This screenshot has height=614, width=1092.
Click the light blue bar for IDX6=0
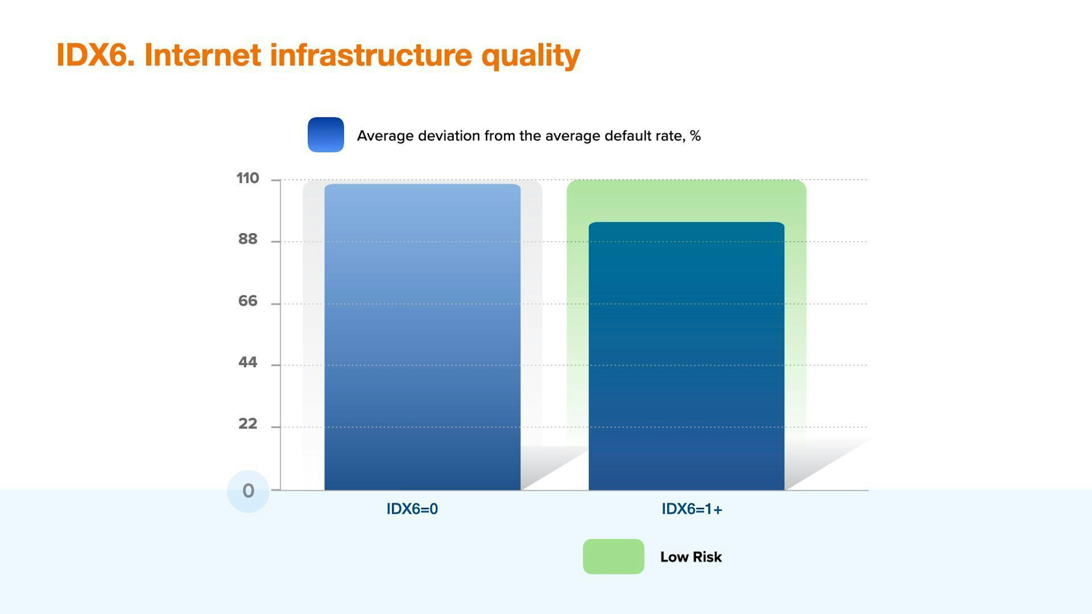pos(422,337)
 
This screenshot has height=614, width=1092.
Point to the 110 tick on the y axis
pos(248,179)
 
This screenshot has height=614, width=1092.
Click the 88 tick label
pos(248,239)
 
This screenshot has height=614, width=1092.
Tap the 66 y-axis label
pos(248,301)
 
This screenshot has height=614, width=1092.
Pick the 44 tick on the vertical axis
pos(248,362)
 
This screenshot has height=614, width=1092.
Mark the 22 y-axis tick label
pos(248,424)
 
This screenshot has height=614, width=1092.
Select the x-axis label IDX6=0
pos(412,509)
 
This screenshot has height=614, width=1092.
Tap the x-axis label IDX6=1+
pos(692,509)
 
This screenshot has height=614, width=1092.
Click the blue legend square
pos(326,135)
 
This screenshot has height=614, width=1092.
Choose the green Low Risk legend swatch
pos(613,556)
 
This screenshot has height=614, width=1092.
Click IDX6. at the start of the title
pos(95,55)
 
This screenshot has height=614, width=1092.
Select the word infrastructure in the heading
pos(371,55)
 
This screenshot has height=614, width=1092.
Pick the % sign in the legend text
pos(695,136)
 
